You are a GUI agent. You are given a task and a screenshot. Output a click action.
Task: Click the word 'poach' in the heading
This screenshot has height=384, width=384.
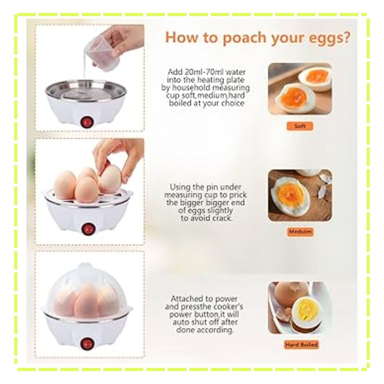click(x=245, y=38)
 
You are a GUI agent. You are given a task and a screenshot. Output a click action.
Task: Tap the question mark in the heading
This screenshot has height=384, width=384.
click(x=346, y=37)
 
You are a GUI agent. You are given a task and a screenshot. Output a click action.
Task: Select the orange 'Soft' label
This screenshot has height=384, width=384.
click(x=300, y=126)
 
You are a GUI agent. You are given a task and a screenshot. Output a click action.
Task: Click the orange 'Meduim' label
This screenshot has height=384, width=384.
click(x=300, y=232)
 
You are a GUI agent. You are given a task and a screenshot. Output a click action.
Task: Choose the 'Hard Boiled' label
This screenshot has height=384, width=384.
click(x=301, y=345)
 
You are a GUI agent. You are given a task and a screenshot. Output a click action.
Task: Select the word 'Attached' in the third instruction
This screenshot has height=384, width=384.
click(x=186, y=299)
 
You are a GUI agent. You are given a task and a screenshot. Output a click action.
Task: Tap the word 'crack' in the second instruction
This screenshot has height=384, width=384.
click(x=222, y=218)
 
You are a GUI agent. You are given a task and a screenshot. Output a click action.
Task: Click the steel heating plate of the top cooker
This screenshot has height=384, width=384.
click(x=86, y=89)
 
